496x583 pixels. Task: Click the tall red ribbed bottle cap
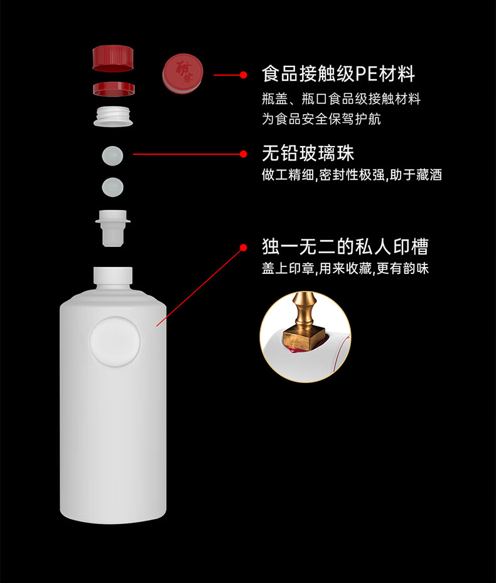point(113,58)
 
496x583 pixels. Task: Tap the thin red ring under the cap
point(114,89)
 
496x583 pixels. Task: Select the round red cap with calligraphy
point(183,73)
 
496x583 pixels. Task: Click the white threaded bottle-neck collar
point(113,116)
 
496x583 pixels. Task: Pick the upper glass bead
point(112,155)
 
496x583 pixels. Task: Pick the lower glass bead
point(112,187)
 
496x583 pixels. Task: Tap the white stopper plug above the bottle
point(113,228)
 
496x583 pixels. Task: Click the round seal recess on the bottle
point(115,341)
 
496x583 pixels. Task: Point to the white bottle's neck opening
point(113,276)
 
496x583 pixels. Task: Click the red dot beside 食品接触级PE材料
point(244,75)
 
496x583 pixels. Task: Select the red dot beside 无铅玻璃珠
point(244,154)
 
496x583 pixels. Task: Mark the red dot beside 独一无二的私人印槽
point(244,248)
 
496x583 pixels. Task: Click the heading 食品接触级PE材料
point(338,73)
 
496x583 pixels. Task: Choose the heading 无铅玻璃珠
point(308,153)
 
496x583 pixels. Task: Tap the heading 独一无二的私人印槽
point(345,246)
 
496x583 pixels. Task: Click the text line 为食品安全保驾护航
point(321,119)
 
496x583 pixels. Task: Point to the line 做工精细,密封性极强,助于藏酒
point(352,175)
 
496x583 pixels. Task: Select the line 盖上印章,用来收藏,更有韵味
point(345,268)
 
